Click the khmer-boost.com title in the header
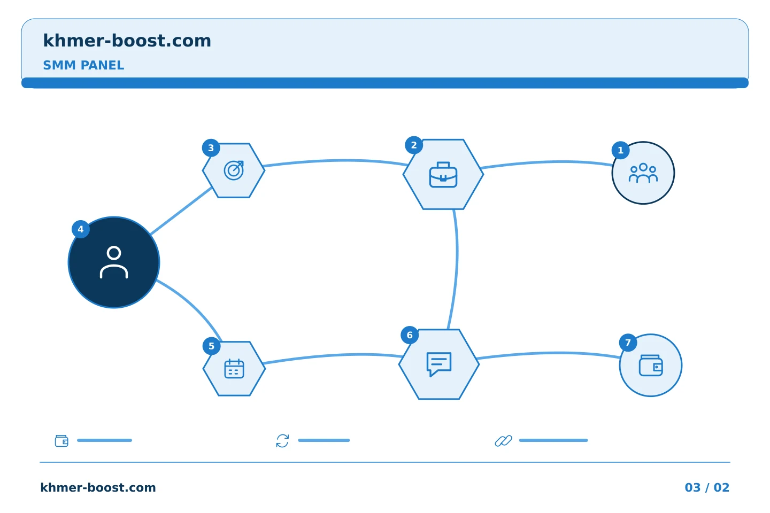tap(127, 41)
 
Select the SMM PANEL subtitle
tap(83, 65)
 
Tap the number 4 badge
tap(81, 229)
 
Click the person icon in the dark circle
tap(114, 262)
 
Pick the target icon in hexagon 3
tap(234, 170)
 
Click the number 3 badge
tap(211, 148)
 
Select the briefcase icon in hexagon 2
tap(443, 175)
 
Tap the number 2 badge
tap(414, 145)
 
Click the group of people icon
tap(643, 173)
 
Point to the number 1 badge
tap(620, 151)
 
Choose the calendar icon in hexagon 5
tap(234, 369)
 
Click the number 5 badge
tap(211, 346)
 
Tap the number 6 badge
tap(410, 335)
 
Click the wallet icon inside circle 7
tap(651, 366)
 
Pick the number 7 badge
tap(628, 343)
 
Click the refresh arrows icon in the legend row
tap(282, 441)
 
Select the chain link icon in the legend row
tap(504, 441)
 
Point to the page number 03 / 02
tap(707, 487)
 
